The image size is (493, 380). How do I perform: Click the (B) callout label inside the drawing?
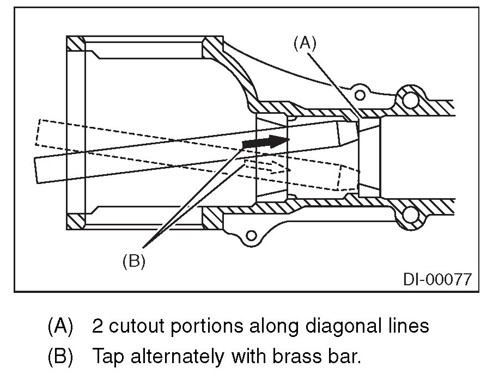133,261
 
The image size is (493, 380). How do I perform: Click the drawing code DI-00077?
437,279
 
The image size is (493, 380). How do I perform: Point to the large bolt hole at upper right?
409,99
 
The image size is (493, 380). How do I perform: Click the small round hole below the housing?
251,236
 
